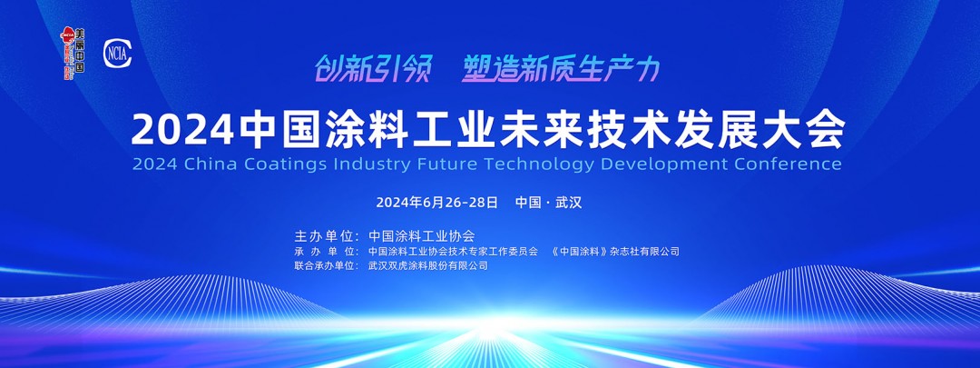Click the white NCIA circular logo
pos(118,52)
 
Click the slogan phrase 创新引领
pos(372,68)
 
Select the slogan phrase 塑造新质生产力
pos(560,68)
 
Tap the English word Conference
pos(792,164)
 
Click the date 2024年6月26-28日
pos(436,202)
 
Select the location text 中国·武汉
pos(548,202)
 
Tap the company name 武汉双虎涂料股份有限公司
pos(428,266)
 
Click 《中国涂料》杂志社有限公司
pos(615,252)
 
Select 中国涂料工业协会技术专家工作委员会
pos(454,252)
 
